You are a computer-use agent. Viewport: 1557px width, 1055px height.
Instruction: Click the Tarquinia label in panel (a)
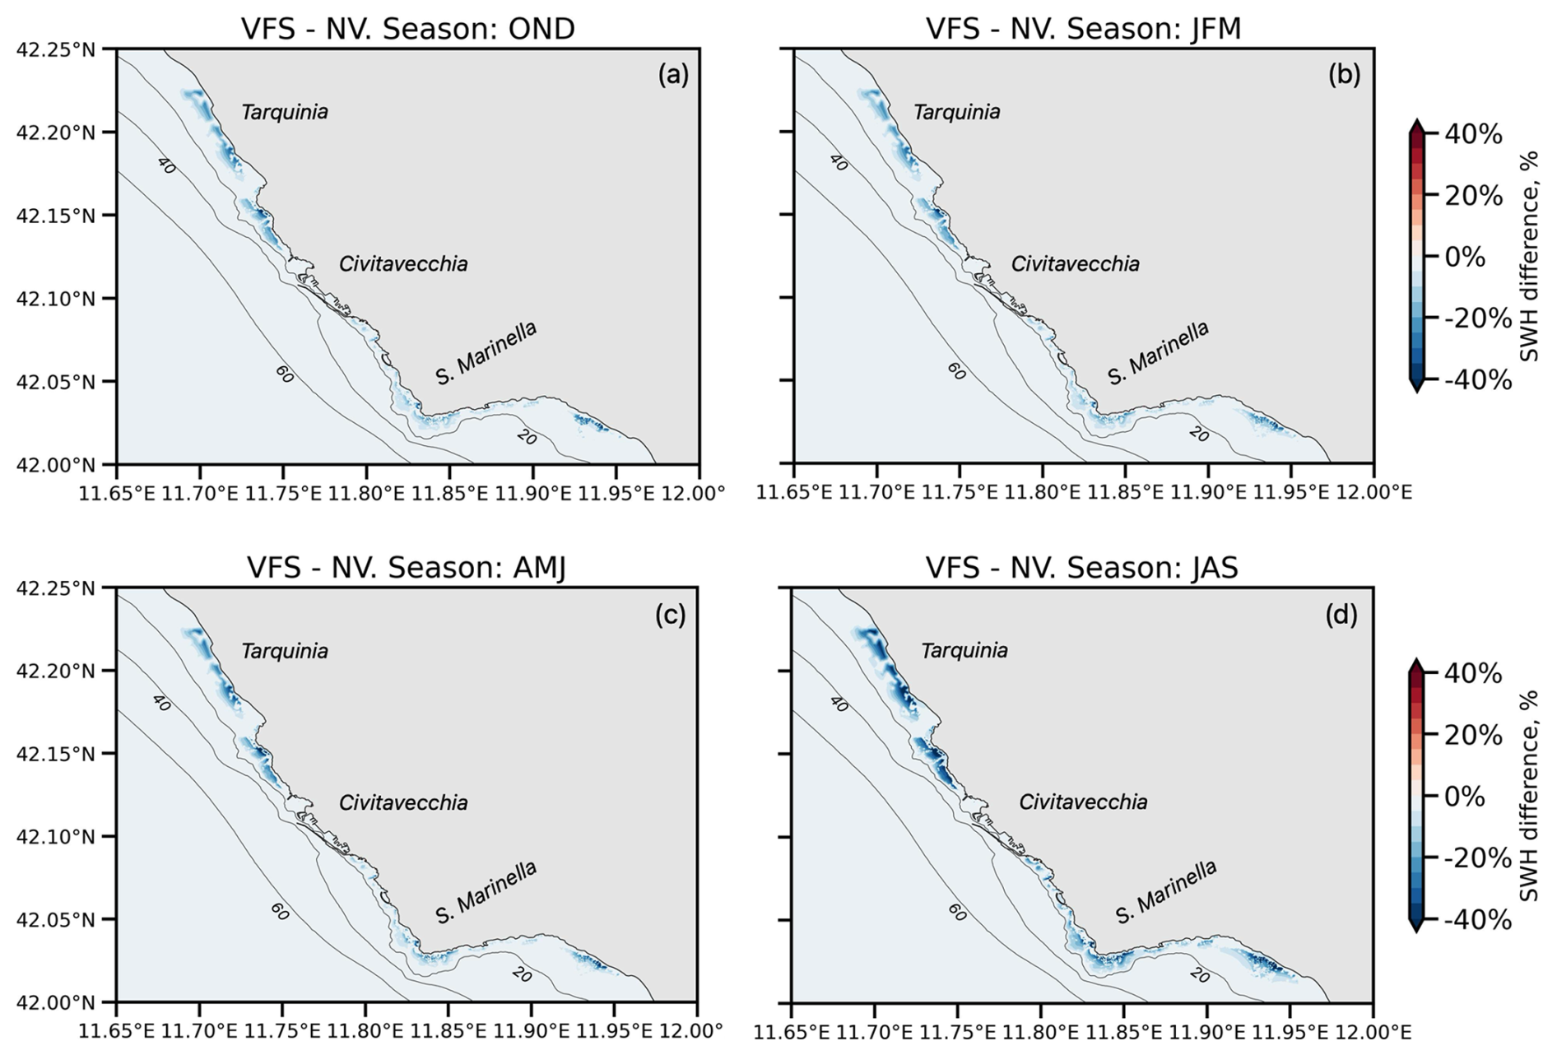(x=285, y=112)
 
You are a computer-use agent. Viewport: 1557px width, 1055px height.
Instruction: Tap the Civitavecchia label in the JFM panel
(x=1075, y=264)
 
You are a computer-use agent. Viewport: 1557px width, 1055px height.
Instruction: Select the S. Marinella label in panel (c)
(x=486, y=892)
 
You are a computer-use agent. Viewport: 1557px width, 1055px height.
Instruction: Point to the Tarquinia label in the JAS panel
(x=964, y=651)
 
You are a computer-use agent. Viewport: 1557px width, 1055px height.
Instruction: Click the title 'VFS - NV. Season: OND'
(x=407, y=29)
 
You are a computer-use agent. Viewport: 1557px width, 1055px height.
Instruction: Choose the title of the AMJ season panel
(x=407, y=568)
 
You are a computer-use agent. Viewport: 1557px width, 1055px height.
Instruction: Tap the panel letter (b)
(x=1344, y=75)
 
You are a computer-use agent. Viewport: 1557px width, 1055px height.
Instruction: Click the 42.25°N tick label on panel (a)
(x=55, y=49)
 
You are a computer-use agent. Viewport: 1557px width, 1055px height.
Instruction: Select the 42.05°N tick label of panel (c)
(x=55, y=919)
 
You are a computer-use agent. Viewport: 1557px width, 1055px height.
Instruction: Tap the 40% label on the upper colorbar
(x=1474, y=134)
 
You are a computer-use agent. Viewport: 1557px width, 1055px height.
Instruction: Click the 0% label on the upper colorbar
(x=1465, y=257)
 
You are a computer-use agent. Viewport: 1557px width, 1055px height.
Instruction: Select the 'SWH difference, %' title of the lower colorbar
(x=1530, y=797)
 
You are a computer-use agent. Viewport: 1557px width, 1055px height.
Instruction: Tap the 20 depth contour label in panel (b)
(x=1198, y=433)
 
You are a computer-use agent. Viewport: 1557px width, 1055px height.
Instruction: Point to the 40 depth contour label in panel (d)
(x=838, y=704)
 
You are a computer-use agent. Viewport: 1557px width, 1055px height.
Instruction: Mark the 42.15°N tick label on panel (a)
(x=55, y=216)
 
